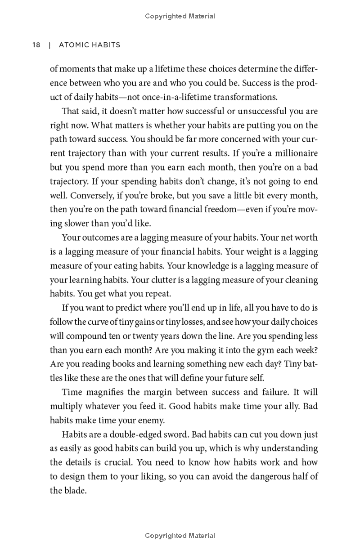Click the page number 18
tap(36, 45)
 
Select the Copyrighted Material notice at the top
tap(180, 16)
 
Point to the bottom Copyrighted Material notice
tap(180, 536)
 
